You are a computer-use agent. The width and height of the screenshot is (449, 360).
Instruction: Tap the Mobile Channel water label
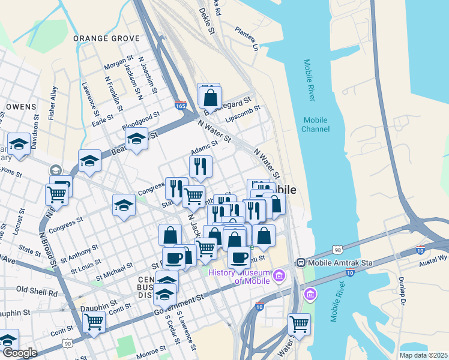316,124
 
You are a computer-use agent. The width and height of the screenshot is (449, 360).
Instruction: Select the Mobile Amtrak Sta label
337,263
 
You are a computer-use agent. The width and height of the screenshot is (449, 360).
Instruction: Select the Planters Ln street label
247,37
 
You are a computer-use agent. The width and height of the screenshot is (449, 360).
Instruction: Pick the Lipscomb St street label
243,113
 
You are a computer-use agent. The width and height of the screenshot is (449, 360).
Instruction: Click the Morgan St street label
118,62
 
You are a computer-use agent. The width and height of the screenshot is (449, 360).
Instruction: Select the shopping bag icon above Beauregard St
210,96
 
